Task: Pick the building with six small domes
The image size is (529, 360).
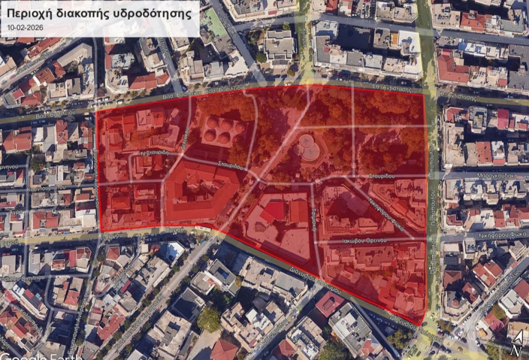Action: tap(224, 130)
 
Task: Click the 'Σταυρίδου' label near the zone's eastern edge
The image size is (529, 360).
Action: tap(382, 176)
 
